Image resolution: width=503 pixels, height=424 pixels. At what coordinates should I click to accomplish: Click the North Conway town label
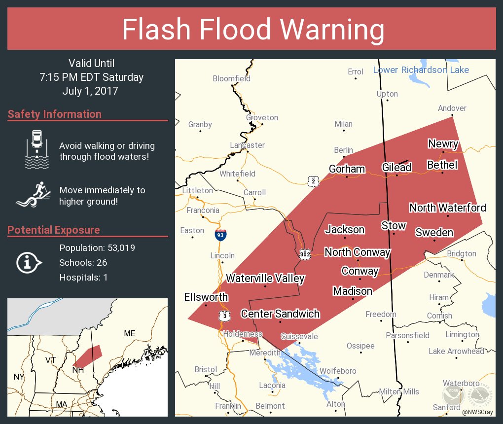pos(357,252)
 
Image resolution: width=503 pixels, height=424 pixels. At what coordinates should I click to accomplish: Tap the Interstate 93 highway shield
pos(221,235)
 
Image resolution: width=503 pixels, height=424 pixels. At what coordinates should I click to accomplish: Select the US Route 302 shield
pos(304,254)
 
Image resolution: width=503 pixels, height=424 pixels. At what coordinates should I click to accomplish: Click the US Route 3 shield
pos(225,315)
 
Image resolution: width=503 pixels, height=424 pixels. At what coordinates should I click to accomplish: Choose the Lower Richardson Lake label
pos(421,70)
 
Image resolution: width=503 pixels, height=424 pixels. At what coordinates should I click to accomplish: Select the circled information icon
pos(30,262)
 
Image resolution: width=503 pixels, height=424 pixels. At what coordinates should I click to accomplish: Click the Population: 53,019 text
pos(97,247)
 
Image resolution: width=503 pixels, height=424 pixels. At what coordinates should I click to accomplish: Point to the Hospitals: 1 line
pos(83,277)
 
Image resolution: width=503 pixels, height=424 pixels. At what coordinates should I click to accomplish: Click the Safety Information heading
pos(55,114)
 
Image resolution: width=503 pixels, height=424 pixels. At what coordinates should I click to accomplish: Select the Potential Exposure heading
pos(54,230)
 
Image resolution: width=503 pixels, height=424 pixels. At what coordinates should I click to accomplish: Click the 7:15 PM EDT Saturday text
pos(92,77)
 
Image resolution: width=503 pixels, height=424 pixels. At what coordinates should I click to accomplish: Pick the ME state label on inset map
pos(129,334)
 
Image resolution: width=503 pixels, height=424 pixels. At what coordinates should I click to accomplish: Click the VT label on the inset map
pos(51,360)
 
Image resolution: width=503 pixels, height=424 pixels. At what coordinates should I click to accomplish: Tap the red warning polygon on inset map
pos(88,356)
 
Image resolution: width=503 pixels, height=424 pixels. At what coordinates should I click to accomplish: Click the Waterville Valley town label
pos(265,279)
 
